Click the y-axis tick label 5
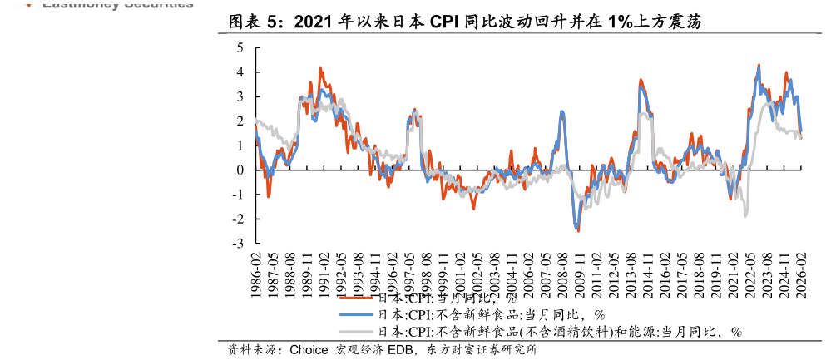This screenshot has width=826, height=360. pos(240,48)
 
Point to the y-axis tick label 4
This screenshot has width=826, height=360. pos(240,72)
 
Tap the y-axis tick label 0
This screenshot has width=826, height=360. pos(240,170)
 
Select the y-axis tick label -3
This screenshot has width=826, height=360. pos(238,244)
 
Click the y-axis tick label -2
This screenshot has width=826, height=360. pos(238,219)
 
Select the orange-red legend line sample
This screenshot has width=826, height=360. pos(357,298)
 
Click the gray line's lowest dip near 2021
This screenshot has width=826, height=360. pos(745,215)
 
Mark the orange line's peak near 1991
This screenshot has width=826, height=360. pos(320,68)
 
